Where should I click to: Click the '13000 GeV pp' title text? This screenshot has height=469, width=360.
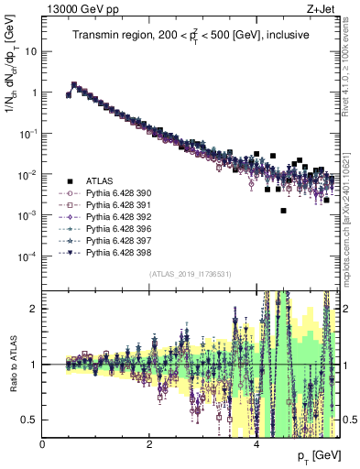(79, 8)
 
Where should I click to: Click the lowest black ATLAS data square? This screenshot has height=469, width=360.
(284, 211)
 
